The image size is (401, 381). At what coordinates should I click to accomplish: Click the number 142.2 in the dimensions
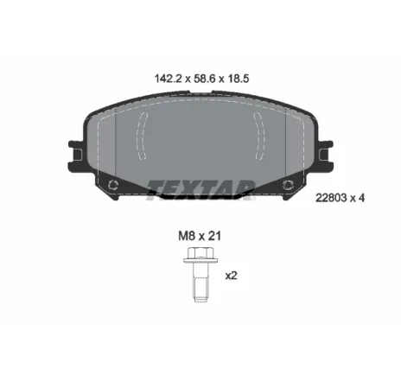(169, 79)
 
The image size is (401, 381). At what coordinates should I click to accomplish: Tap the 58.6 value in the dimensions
(205, 79)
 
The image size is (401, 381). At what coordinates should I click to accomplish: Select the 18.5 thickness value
(239, 79)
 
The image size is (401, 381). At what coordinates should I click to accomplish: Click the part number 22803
(331, 198)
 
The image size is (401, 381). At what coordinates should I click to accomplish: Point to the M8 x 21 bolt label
(200, 236)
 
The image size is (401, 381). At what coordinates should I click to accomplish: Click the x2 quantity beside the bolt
(231, 276)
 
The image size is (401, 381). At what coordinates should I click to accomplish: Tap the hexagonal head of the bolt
(200, 252)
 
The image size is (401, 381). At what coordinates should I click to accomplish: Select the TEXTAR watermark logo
(200, 190)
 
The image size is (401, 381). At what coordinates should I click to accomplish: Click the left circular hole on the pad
(112, 185)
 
